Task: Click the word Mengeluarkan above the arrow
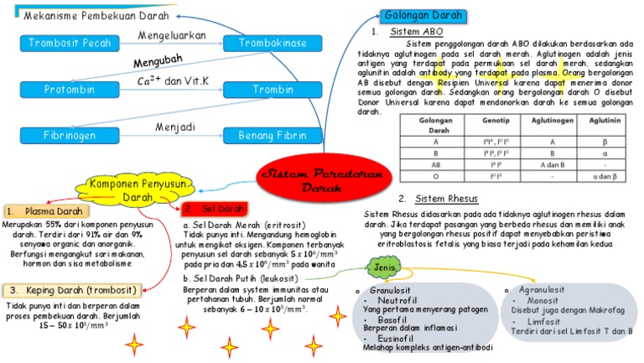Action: (x=172, y=36)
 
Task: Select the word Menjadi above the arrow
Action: (x=174, y=127)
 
